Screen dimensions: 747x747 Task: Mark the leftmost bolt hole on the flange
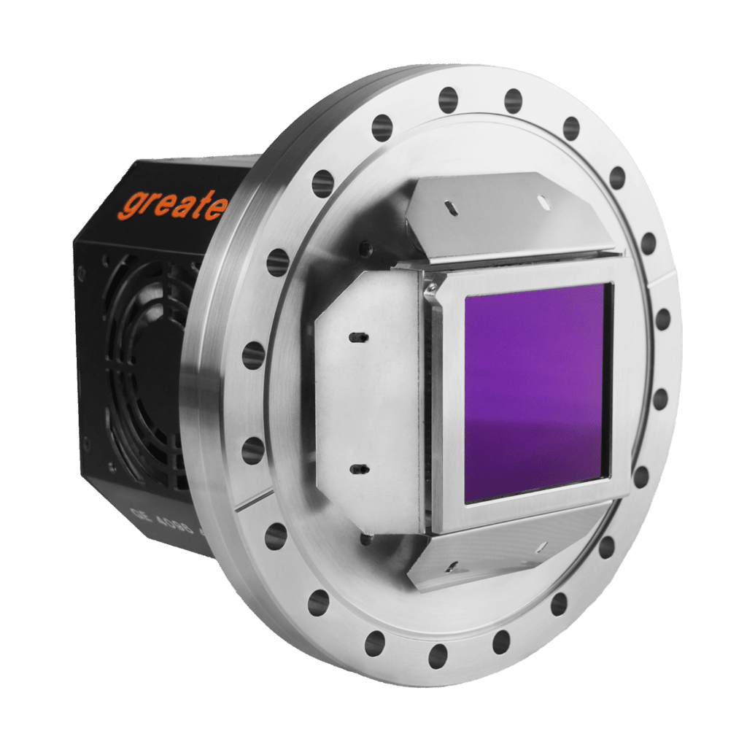pos(253,355)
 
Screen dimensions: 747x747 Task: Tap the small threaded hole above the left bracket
pos(364,250)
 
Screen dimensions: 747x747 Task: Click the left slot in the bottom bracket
pos(454,565)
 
